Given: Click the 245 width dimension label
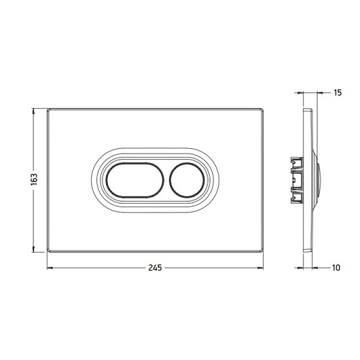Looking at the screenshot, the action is (x=155, y=268).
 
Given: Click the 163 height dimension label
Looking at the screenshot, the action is (x=34, y=179).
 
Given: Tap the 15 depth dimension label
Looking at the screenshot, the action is (x=338, y=93).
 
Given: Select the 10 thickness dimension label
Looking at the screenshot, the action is (x=336, y=268).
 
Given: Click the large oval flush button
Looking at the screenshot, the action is (x=135, y=180).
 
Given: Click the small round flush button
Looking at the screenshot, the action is (x=187, y=180).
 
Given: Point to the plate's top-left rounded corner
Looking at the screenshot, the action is (x=49, y=110).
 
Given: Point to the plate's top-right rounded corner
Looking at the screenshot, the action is (x=262, y=110).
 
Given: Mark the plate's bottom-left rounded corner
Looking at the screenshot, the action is (x=49, y=251).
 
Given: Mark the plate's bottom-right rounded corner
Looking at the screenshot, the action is (x=262, y=251).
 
